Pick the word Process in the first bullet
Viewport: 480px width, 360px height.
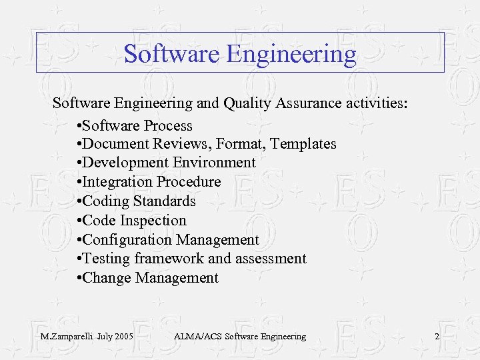(168, 126)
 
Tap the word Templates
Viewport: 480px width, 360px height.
(304, 144)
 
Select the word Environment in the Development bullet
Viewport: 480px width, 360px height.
(214, 163)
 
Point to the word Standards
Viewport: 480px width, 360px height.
(165, 201)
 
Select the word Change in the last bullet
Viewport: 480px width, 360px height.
(107, 278)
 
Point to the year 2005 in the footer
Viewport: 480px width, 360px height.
(123, 337)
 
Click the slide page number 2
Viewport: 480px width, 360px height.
(437, 337)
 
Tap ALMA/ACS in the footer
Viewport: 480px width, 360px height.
(197, 337)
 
